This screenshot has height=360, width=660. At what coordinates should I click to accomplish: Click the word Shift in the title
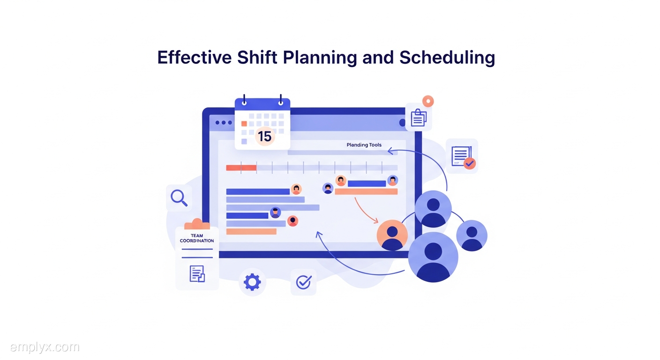tap(257, 57)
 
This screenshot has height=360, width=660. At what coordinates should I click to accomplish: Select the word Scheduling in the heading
tap(447, 58)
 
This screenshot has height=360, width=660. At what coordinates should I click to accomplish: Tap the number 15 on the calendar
tap(264, 136)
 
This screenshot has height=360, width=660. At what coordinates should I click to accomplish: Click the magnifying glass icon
tap(179, 198)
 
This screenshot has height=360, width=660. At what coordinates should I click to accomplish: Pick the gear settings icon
tap(252, 282)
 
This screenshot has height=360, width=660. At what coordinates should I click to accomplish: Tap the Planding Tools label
tap(364, 145)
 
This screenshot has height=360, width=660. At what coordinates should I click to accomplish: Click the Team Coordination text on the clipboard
tap(197, 238)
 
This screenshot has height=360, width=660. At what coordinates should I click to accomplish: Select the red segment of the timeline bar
tap(241, 168)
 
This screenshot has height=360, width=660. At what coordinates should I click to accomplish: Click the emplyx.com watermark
tap(45, 347)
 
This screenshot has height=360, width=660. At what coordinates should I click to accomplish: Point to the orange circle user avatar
tap(392, 235)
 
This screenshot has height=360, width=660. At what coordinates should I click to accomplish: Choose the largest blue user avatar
tap(433, 257)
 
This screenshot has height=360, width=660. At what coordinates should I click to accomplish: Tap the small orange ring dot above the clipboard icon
tap(428, 101)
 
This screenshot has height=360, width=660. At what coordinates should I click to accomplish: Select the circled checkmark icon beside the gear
tap(303, 282)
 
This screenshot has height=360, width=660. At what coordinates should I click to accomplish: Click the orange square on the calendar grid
tap(244, 124)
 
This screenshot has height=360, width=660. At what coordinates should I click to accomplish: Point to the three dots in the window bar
tap(224, 122)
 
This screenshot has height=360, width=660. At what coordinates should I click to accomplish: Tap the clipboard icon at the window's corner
tap(419, 118)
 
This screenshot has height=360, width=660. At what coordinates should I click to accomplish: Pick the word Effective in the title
tap(195, 57)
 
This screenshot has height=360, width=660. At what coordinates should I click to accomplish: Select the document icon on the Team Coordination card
tap(197, 274)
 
